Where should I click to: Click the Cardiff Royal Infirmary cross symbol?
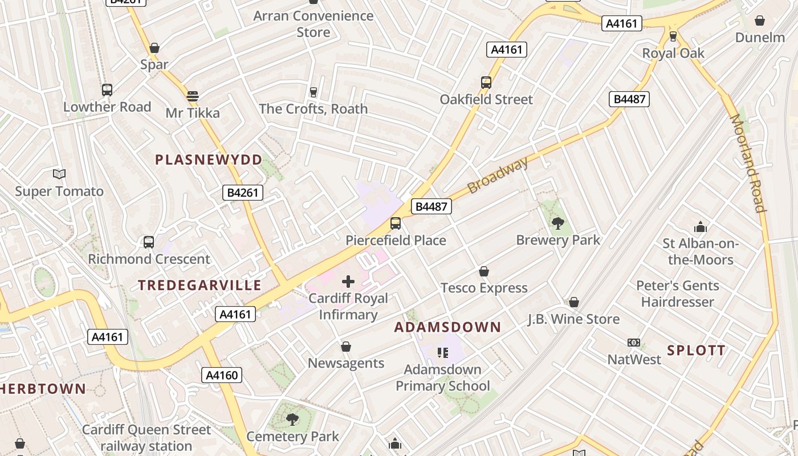(x=348, y=281)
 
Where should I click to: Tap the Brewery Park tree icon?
(x=558, y=223)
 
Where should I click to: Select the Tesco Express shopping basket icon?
(x=484, y=271)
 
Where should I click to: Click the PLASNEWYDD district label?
(x=209, y=160)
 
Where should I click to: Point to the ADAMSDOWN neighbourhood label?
(x=447, y=327)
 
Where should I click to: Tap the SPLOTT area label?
(x=697, y=351)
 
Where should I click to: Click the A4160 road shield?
(x=222, y=375)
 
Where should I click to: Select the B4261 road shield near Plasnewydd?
(x=243, y=193)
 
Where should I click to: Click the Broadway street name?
(x=498, y=176)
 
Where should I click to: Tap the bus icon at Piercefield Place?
(x=396, y=223)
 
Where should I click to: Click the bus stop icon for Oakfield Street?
(x=486, y=83)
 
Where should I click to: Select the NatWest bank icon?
(x=634, y=343)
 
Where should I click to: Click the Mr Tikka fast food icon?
(x=193, y=96)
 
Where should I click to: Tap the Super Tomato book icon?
(x=59, y=174)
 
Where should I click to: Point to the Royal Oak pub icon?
(x=673, y=36)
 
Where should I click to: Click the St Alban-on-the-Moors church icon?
(x=701, y=227)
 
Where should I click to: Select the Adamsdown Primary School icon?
(x=443, y=353)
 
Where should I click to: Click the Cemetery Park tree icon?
(x=292, y=420)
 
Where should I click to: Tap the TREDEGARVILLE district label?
(x=200, y=285)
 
